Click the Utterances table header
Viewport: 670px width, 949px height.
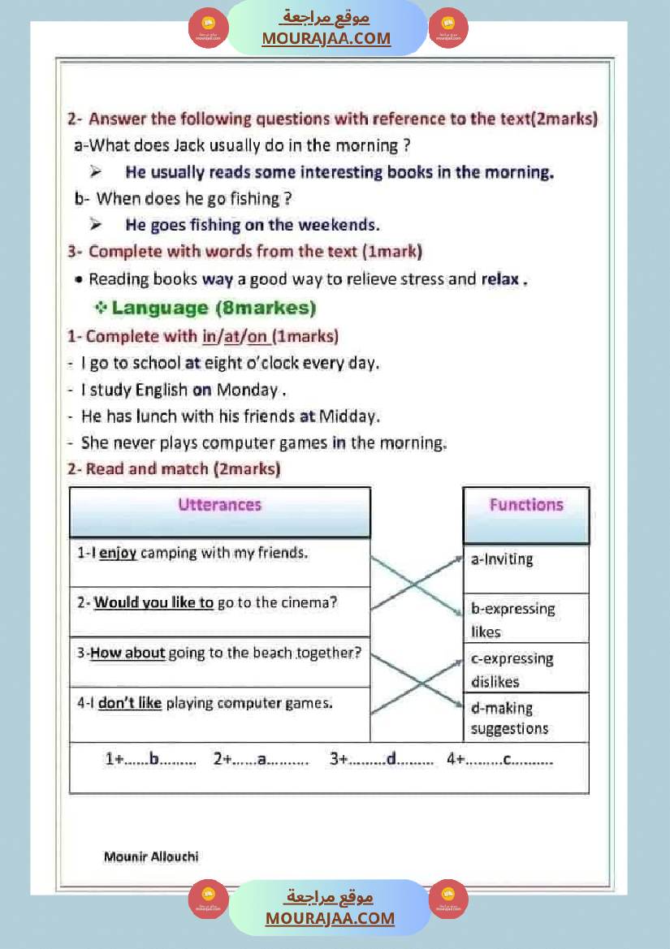(219, 505)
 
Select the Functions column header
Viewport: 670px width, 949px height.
(525, 505)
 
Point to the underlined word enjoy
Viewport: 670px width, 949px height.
(117, 554)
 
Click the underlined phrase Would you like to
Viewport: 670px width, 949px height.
(153, 602)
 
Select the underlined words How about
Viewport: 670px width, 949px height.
(128, 653)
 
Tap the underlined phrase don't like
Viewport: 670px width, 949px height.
(130, 703)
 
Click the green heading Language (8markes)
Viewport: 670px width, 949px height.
(214, 308)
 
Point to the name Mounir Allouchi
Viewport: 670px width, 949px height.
(151, 856)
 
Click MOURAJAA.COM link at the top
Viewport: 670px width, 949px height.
(326, 38)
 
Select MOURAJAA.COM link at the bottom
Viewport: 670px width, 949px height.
(330, 918)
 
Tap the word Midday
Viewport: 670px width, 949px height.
(349, 416)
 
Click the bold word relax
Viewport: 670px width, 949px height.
(500, 279)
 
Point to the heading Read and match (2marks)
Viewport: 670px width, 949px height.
(174, 469)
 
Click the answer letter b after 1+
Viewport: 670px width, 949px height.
(154, 760)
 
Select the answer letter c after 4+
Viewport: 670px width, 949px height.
(506, 760)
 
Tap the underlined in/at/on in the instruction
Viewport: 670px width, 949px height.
(236, 336)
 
